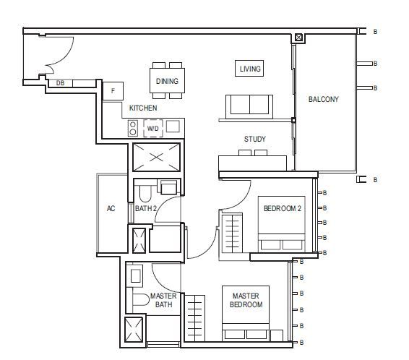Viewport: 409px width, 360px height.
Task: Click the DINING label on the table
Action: pos(167,81)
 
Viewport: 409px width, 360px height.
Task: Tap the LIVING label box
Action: pos(249,69)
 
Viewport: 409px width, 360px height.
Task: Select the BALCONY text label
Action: pos(324,99)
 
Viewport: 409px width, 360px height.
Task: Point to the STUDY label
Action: pos(255,139)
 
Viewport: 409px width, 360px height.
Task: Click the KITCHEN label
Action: pos(143,108)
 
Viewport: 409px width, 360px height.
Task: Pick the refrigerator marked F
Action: pos(113,91)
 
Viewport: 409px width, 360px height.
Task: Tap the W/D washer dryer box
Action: pos(153,129)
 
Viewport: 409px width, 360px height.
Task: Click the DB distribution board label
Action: pos(60,83)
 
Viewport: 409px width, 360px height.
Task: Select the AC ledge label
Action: pos(111,208)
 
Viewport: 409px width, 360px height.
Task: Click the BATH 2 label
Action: pos(146,208)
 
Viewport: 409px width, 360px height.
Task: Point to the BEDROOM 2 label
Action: pos(283,208)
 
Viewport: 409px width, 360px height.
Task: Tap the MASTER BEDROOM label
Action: pos(246,300)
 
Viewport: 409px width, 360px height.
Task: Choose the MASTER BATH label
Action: pos(163,300)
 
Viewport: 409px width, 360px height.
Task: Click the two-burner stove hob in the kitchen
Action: pos(133,128)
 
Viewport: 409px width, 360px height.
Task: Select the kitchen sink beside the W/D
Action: pos(173,127)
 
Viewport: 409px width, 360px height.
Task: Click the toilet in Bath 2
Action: pos(145,193)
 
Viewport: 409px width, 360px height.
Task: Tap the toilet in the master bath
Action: pos(140,300)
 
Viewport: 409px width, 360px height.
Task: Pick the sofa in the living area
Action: pos(249,106)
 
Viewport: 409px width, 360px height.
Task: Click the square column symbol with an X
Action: pos(298,38)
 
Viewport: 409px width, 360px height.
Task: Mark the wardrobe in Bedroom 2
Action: pos(232,233)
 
